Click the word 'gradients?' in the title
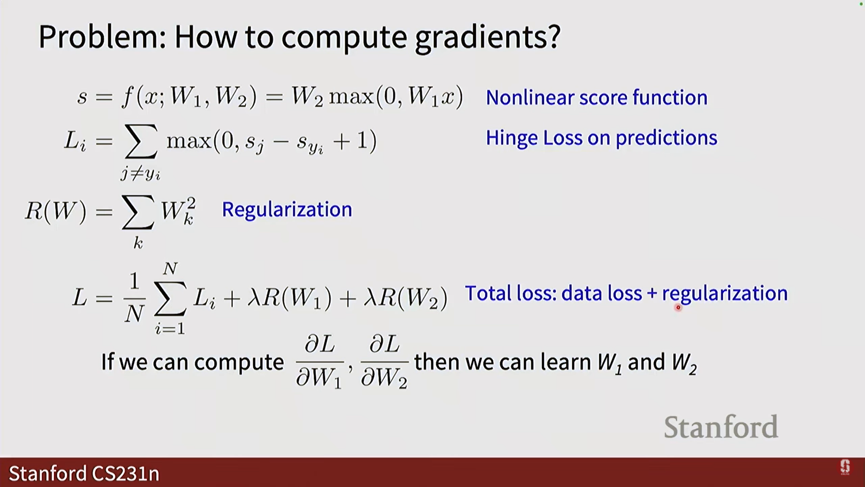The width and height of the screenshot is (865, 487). pos(487,37)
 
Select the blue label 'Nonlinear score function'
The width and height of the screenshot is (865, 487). pos(596,97)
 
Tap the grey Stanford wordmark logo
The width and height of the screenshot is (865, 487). pos(721,427)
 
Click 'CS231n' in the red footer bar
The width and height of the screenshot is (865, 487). pos(125,473)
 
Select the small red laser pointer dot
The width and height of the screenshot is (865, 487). pos(678,308)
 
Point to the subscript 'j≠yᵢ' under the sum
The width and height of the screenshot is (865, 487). pos(141,174)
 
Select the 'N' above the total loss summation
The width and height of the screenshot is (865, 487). pos(170,269)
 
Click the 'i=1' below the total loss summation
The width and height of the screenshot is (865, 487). pos(170,329)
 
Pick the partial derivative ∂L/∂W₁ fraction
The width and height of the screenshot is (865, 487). pos(319,362)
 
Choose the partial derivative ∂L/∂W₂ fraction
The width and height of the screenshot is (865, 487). pos(385,362)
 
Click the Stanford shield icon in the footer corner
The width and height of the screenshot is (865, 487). pos(845,467)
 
